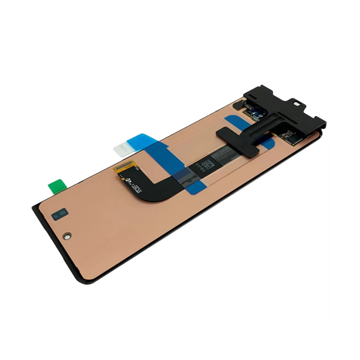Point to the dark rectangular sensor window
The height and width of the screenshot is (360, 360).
click(x=59, y=216)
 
